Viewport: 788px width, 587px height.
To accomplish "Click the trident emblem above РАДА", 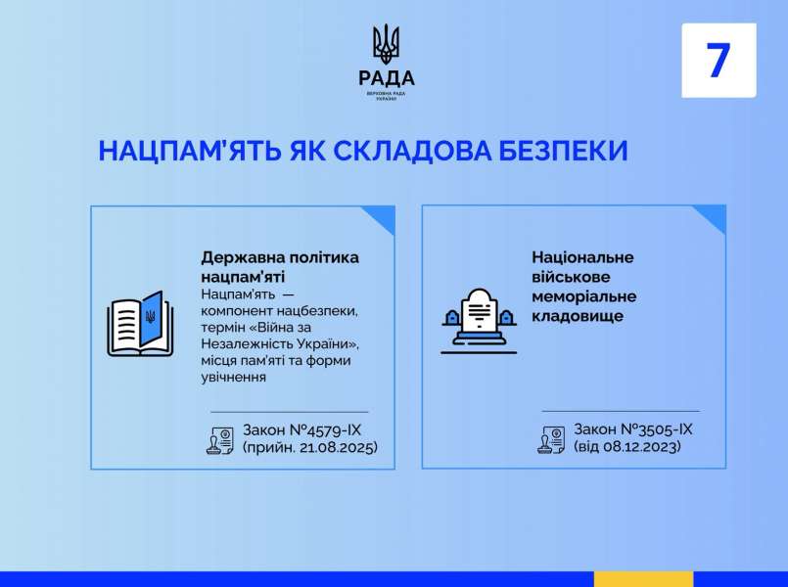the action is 386,44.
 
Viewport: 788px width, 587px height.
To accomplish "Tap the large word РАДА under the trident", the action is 387,78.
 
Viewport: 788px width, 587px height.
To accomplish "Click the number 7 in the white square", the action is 718,60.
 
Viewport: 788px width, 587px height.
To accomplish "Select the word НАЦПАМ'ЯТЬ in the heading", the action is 189,150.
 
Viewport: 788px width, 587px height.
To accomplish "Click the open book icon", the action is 140,324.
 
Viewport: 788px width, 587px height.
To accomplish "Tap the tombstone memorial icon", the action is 479,321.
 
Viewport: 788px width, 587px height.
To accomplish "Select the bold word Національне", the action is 582,257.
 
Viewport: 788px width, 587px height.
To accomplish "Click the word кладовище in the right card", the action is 578,316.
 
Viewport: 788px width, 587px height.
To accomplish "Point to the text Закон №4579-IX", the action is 301,429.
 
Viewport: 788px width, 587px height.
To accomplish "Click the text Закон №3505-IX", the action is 632,429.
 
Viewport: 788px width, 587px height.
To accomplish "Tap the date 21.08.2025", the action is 337,447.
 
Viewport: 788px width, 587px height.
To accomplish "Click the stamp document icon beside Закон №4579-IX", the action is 220,440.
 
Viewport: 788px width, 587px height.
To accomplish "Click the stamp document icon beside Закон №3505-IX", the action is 551,440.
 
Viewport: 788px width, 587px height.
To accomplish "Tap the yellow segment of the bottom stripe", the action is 643,579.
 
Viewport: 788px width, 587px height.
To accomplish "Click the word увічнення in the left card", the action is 233,377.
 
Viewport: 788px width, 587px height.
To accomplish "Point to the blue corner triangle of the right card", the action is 714,216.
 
